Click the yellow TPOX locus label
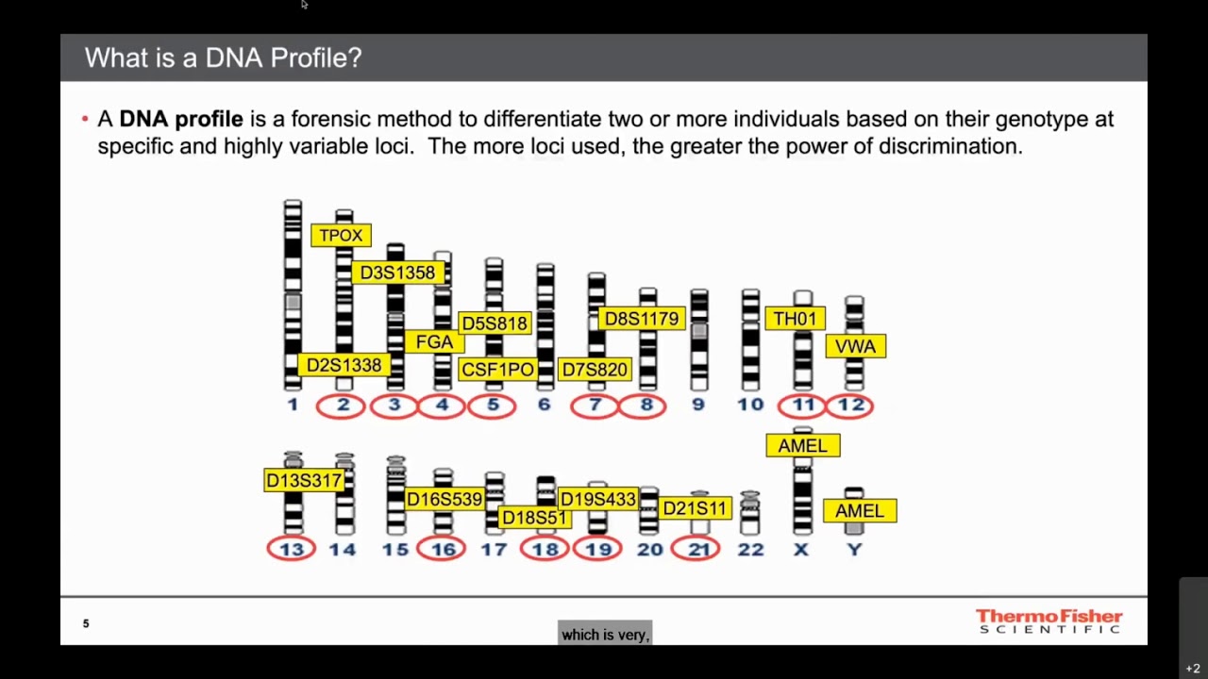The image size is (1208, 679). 341,236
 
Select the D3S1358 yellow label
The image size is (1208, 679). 397,273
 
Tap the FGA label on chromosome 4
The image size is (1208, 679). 434,342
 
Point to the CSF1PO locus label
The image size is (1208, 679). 497,370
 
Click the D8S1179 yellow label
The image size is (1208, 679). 642,319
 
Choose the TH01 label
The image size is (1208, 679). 795,319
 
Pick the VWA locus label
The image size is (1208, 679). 855,346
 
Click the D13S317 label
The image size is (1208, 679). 304,481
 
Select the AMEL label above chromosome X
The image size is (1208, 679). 802,446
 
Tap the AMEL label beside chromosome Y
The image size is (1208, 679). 859,511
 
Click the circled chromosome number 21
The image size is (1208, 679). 696,549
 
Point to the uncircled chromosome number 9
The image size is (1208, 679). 698,405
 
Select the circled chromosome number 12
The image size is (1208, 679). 850,405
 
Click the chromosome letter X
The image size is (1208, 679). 801,549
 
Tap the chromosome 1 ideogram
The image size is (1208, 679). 293,294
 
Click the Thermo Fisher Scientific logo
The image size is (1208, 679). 1049,621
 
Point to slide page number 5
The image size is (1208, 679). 86,623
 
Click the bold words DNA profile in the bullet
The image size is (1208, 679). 180,119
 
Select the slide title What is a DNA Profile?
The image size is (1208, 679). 223,58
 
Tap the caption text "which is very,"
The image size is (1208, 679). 605,635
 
